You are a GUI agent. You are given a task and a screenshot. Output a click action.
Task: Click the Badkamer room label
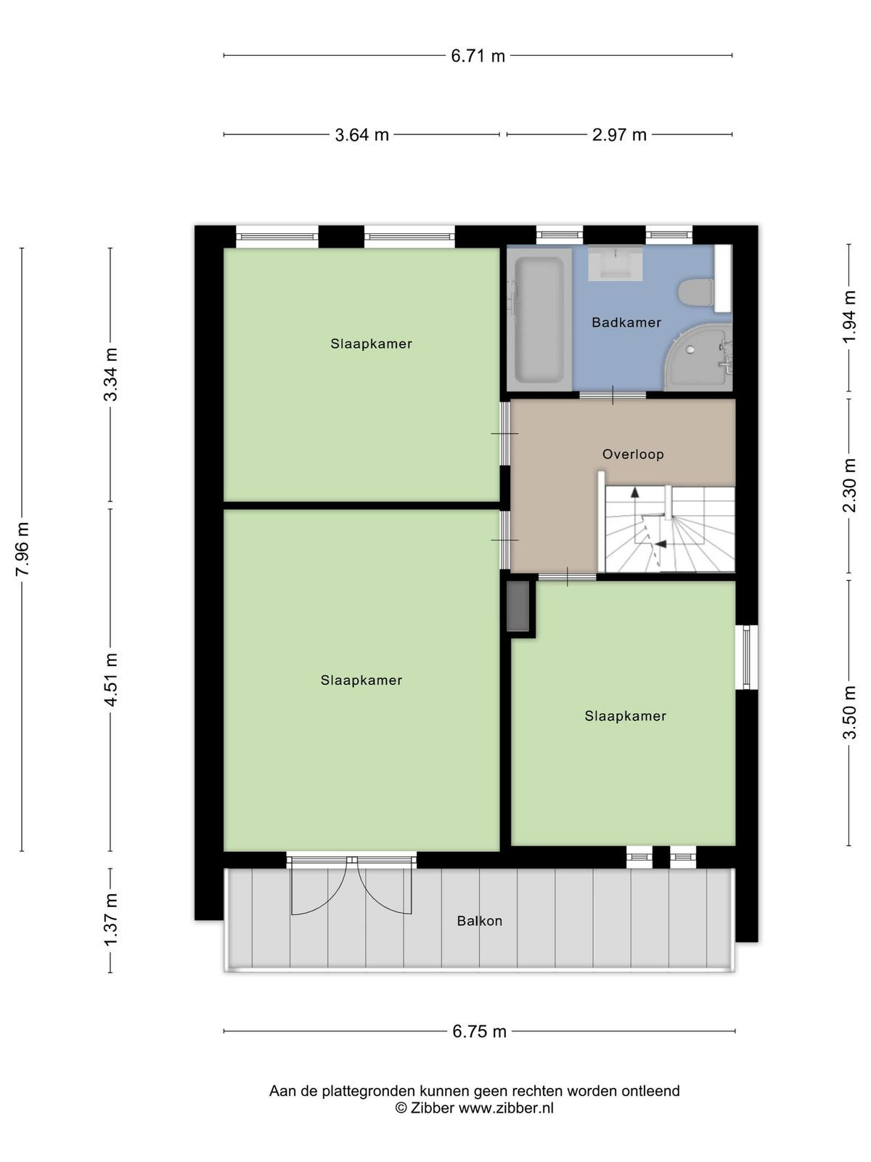click(x=626, y=322)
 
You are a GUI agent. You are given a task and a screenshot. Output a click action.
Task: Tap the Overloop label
click(x=633, y=454)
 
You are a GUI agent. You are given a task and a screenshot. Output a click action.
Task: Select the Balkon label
click(x=480, y=921)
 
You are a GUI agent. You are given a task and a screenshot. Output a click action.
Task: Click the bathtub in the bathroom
click(x=539, y=320)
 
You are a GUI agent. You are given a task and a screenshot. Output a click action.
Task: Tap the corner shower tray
click(x=700, y=359)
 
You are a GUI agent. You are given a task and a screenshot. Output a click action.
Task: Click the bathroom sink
click(x=616, y=263)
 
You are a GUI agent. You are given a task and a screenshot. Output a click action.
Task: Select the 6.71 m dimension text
click(x=478, y=56)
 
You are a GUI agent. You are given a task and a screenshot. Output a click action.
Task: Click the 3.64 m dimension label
click(x=361, y=135)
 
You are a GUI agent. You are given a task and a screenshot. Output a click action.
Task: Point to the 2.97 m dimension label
click(x=619, y=135)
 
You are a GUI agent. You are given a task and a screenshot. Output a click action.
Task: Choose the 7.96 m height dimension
click(x=23, y=549)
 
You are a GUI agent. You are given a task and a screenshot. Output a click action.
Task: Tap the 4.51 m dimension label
click(x=111, y=680)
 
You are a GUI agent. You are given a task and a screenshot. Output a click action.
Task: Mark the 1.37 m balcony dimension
click(x=111, y=919)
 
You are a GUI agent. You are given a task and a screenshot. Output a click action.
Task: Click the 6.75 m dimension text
click(x=479, y=1032)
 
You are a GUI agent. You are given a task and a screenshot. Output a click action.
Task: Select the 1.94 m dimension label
click(x=848, y=316)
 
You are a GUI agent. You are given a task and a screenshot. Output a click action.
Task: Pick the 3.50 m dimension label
click(x=848, y=712)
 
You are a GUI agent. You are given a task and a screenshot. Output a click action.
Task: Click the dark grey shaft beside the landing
click(x=518, y=606)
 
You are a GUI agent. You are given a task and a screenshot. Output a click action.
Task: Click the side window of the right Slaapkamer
click(x=746, y=657)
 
